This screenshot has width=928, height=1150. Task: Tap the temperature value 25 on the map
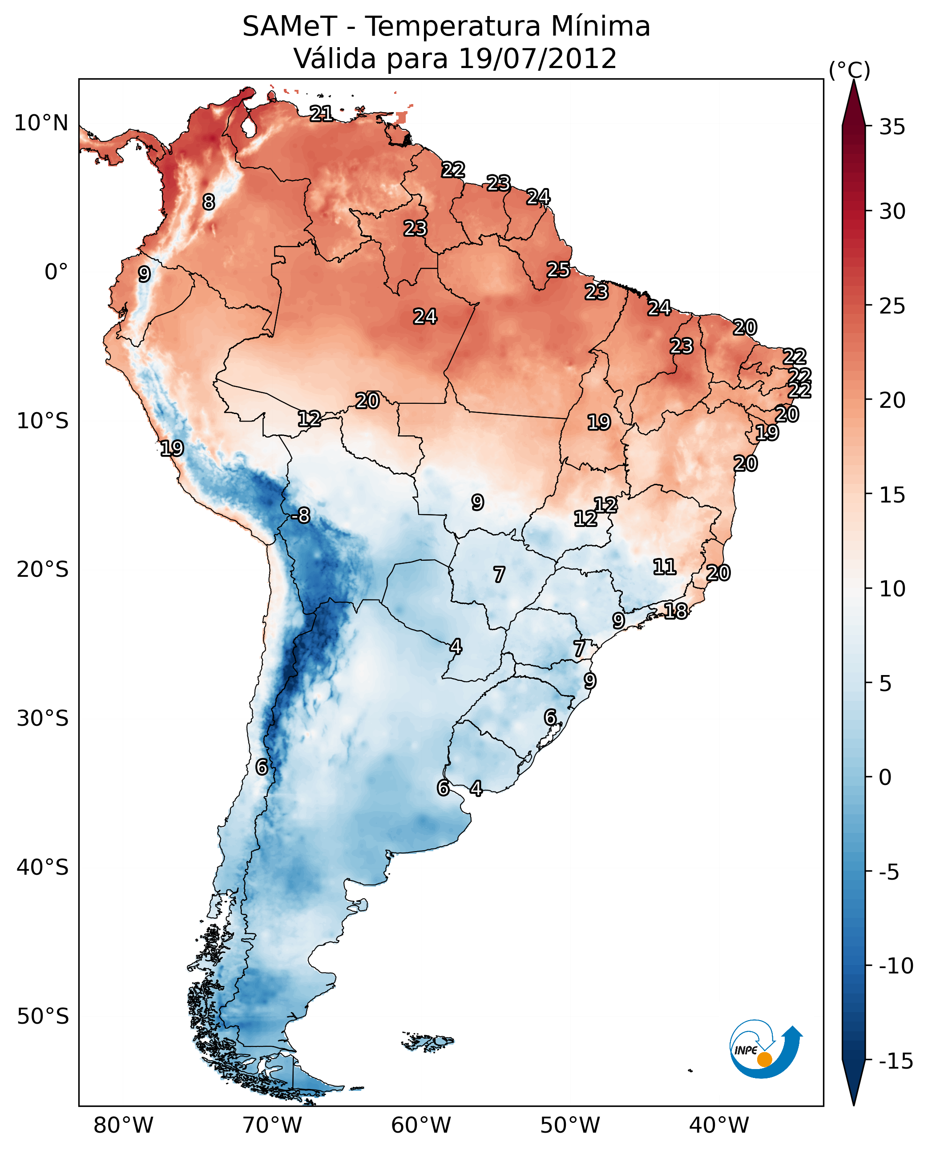558,270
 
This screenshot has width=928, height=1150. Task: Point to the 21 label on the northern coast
321,113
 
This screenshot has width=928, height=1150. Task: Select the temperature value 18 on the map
676,611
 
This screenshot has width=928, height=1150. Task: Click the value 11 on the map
665,567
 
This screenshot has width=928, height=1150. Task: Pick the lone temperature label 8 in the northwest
209,202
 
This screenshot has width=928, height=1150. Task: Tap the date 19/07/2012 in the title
537,59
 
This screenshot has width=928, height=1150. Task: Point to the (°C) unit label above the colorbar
849,70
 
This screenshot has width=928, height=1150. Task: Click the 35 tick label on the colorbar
892,127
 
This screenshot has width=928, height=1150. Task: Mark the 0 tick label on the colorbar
885,777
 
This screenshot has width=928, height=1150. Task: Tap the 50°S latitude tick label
43,1016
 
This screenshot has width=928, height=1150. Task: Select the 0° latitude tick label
56,272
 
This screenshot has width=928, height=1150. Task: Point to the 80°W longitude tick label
124,1126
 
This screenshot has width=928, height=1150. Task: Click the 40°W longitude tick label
719,1126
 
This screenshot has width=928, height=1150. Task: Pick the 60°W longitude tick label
421,1126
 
